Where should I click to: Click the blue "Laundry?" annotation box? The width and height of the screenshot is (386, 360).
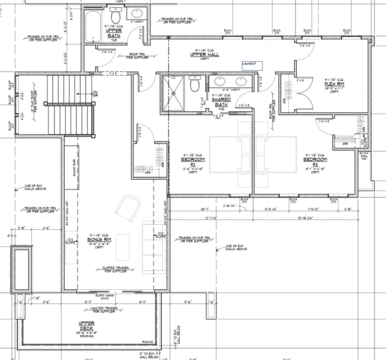[x=252, y=66]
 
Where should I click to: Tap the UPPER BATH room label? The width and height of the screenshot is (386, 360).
[x=114, y=34]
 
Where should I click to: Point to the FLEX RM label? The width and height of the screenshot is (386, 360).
[x=335, y=84]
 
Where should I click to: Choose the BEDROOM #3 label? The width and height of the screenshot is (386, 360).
[x=315, y=162]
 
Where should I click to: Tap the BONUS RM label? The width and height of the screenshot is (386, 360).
[x=99, y=239]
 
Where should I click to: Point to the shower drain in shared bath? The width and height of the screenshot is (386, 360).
[x=174, y=92]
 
